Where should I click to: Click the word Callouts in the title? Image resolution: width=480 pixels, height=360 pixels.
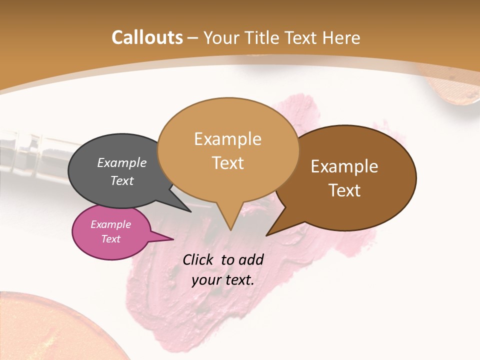pyautogui.click(x=147, y=37)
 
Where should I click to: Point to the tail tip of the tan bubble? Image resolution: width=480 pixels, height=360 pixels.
pyautogui.click(x=230, y=229)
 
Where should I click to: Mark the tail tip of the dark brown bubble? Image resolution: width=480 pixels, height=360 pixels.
pyautogui.click(x=267, y=234)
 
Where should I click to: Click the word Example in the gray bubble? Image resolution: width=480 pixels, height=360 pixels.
pyautogui.click(x=121, y=162)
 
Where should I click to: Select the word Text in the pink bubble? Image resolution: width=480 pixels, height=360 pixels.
pyautogui.click(x=110, y=239)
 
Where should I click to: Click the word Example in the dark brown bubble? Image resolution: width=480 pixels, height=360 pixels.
pyautogui.click(x=344, y=166)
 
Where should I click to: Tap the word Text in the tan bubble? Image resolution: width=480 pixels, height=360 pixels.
pyautogui.click(x=228, y=163)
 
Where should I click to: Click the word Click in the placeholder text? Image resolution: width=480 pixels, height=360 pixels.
pyautogui.click(x=198, y=259)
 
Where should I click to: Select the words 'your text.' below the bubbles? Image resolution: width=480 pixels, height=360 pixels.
pyautogui.click(x=223, y=280)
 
